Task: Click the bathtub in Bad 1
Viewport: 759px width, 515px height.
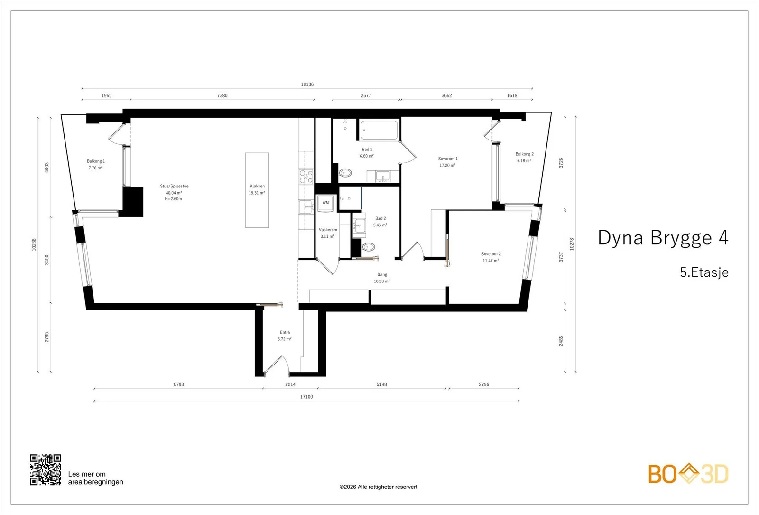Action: [x=379, y=130]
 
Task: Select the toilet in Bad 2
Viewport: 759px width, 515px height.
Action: [x=368, y=246]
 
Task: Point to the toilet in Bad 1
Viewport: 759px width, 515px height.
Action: [x=345, y=173]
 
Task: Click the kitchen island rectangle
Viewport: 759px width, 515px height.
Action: [x=257, y=190]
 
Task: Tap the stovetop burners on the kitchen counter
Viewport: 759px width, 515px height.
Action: [x=306, y=176]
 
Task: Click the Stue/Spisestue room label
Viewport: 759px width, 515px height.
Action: [x=174, y=186]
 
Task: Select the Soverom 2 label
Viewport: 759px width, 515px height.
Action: [x=491, y=254]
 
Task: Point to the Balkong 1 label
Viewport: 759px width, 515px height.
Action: [x=96, y=161]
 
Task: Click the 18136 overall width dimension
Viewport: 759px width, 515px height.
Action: [x=307, y=84]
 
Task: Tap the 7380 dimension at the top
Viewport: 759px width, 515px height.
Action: [x=222, y=95]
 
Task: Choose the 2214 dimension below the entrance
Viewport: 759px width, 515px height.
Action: [x=290, y=384]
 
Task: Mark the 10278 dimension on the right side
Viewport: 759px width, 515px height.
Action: [x=572, y=244]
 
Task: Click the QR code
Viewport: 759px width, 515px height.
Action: [x=46, y=470]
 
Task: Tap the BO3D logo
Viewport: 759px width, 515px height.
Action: [x=688, y=474]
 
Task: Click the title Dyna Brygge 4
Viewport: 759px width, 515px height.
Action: [x=663, y=238]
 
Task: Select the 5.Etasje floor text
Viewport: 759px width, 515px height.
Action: [x=704, y=272]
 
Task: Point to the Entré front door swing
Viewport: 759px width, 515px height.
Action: [x=276, y=365]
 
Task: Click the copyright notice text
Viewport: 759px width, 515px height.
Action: [x=378, y=487]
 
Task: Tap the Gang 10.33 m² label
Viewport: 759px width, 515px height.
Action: [x=382, y=278]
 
